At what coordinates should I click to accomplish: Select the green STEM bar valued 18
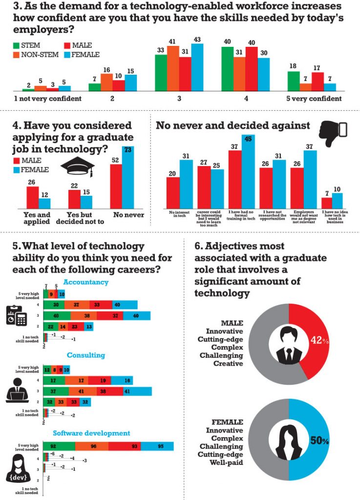click(294, 81)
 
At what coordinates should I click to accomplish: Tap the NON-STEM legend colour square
click(16, 55)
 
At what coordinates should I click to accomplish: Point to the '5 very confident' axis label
click(314, 99)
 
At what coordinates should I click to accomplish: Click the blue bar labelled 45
click(248, 173)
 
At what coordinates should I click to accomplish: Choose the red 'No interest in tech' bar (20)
click(173, 192)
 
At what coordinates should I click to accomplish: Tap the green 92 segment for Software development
click(59, 445)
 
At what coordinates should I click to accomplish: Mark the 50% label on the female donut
click(318, 440)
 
